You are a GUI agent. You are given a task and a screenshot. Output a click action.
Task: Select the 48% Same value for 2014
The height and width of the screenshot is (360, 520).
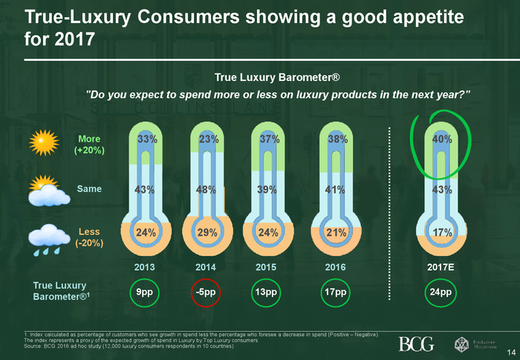208,189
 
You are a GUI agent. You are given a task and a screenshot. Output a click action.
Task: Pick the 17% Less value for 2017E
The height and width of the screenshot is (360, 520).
443,232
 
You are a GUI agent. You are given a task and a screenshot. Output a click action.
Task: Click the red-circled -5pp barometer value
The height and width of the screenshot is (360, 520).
208,292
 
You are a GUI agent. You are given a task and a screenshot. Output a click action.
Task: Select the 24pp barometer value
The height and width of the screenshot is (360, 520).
443,292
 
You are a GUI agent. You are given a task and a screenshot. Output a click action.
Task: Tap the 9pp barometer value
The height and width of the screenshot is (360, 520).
145,292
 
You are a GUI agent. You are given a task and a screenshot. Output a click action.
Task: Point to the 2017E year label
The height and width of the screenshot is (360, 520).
443,265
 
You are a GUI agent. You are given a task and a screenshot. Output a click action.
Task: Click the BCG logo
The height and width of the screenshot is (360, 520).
416,344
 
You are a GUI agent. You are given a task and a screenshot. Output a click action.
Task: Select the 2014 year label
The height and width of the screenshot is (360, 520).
208,265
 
